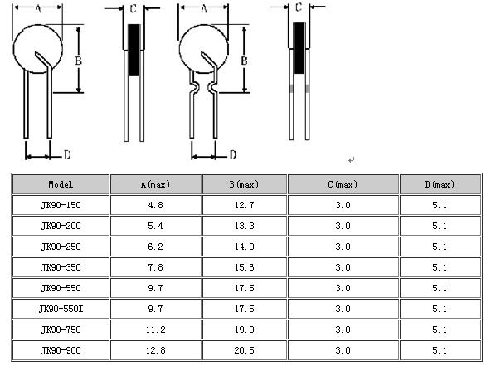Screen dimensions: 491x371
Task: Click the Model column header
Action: coord(61,184)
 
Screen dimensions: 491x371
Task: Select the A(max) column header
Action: coord(155,184)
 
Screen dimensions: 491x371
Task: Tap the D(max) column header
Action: coord(440,184)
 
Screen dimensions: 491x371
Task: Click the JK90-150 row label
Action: coord(61,205)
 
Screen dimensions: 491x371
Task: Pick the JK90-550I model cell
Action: coord(61,309)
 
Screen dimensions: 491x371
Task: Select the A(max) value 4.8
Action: coord(155,205)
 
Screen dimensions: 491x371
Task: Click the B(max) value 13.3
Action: coord(244,226)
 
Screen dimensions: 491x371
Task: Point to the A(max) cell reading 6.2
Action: coord(155,247)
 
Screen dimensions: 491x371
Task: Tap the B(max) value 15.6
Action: coord(244,267)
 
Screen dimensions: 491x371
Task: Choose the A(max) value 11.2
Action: coord(155,330)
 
